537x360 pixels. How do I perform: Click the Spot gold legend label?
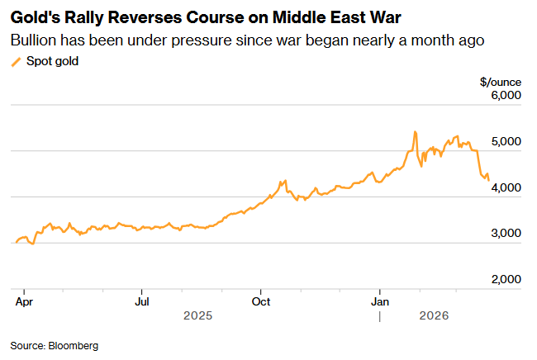pyautogui.click(x=53, y=61)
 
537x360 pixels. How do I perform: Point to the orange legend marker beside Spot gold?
pyautogui.click(x=16, y=62)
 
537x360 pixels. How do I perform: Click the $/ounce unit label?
pyautogui.click(x=501, y=82)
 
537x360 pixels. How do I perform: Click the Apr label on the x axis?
pyautogui.click(x=23, y=301)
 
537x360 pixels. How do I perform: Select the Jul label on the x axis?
pyautogui.click(x=142, y=301)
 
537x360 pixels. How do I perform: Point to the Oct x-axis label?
pyautogui.click(x=261, y=301)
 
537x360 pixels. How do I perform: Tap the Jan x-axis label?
pyautogui.click(x=380, y=301)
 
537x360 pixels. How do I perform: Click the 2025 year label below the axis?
pyautogui.click(x=198, y=316)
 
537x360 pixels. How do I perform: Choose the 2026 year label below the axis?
pyautogui.click(x=434, y=316)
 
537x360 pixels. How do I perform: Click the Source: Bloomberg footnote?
pyautogui.click(x=55, y=345)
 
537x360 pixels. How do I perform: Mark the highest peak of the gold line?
pyautogui.click(x=415, y=131)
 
